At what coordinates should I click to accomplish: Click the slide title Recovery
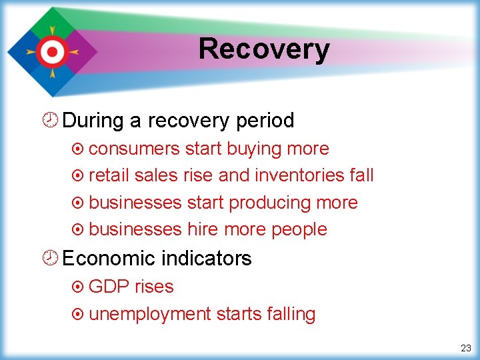click(x=264, y=49)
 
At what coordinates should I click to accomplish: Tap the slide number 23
click(x=465, y=348)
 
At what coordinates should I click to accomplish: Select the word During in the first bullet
click(x=93, y=121)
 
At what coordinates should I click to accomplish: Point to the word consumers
click(x=134, y=149)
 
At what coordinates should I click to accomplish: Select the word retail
click(x=109, y=175)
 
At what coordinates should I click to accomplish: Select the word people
click(x=299, y=229)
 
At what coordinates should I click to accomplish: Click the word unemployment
click(x=149, y=314)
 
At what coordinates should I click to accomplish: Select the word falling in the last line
click(x=288, y=314)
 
